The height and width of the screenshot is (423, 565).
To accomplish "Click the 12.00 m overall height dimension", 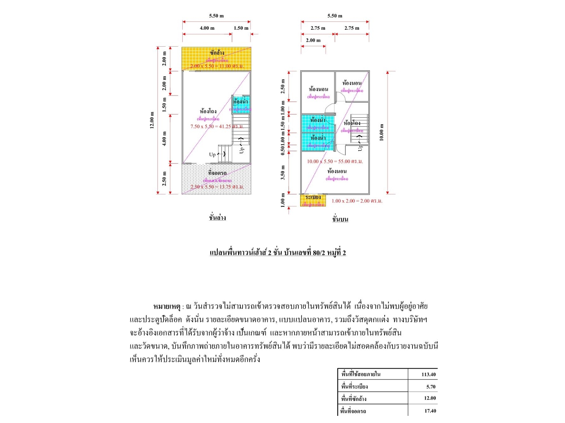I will coord(152,120).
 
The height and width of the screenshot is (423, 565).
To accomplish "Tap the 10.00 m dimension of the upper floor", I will coord(381,132).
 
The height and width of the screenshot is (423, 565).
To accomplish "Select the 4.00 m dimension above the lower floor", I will coord(207,28).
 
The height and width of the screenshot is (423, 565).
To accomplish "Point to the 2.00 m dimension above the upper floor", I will coord(313,40).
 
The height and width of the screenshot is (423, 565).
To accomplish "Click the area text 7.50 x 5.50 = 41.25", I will coord(217,126).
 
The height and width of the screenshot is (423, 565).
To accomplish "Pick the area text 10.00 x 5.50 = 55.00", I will coord(334,161).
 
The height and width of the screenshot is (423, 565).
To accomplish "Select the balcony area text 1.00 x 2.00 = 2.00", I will coord(357,201).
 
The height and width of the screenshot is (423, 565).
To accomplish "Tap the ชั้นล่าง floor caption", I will coord(217,218).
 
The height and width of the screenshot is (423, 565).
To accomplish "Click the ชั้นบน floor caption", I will coord(340,219).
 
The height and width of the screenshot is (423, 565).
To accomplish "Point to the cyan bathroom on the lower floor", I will coord(240,104).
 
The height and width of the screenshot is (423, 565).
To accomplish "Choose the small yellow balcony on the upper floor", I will coord(313,200).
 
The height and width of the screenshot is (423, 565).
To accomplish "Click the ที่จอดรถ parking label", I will coord(217,173).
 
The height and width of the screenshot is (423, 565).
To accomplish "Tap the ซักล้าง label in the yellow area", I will coord(217,53).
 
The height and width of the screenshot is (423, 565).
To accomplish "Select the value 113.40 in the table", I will coord(428,374).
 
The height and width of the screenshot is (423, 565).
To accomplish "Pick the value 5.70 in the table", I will coord(431,387).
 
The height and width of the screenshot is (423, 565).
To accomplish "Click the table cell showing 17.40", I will coord(430,411).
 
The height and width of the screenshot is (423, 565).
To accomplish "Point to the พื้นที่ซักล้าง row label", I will coord(354,399).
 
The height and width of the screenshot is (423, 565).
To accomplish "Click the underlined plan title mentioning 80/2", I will coord(278,252).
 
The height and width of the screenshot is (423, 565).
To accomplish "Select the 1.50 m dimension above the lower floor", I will coord(241,28).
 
